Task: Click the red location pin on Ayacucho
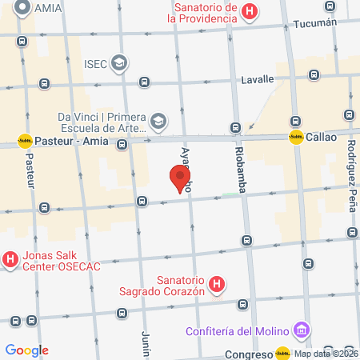click(181, 178)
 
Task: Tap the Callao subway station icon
click(296, 137)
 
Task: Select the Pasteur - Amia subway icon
click(25, 141)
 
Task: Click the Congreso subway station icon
click(282, 352)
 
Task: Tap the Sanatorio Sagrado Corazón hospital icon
click(217, 284)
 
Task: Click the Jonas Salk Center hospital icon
click(10, 259)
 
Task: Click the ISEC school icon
click(119, 62)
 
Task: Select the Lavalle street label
click(258, 79)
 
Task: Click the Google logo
click(26, 350)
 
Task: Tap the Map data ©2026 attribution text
click(326, 354)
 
